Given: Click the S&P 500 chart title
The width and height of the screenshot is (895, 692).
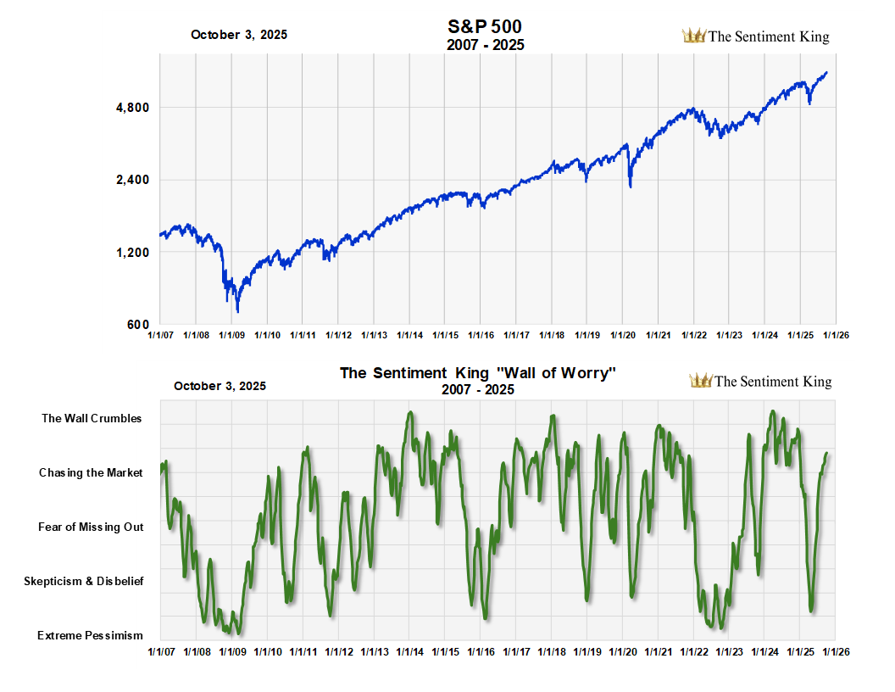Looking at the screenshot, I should pos(485,28).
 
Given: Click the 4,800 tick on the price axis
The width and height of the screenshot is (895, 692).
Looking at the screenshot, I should pos(132,108).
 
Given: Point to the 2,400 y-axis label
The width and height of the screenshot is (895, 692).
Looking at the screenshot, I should pos(132,180).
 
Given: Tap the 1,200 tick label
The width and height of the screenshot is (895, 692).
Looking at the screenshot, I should pos(132,253).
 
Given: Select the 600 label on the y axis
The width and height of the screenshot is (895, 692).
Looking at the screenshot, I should pos(139,325).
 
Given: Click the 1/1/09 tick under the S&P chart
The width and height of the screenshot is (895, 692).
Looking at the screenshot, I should pos(231,336).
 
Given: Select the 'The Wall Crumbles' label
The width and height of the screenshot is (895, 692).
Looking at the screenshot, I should pos(92,418).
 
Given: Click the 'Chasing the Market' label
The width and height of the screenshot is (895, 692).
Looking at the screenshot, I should pos(91,472).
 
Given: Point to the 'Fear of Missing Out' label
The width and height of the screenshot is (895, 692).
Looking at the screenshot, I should pos(91,527).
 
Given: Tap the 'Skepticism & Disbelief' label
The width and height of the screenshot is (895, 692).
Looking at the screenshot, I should pos(83,581).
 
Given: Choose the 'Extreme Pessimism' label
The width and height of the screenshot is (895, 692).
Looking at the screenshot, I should pos(90,635).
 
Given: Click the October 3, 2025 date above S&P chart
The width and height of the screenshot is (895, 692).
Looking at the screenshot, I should pos(239,35).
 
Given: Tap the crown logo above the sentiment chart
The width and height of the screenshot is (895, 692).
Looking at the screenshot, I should pos(700,381).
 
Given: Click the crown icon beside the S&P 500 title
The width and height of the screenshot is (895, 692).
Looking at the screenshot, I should pos(693,36).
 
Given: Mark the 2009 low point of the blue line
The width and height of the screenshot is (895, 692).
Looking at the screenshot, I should pos(238,311).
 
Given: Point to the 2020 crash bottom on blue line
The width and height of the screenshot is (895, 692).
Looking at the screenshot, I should pos(630,186).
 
